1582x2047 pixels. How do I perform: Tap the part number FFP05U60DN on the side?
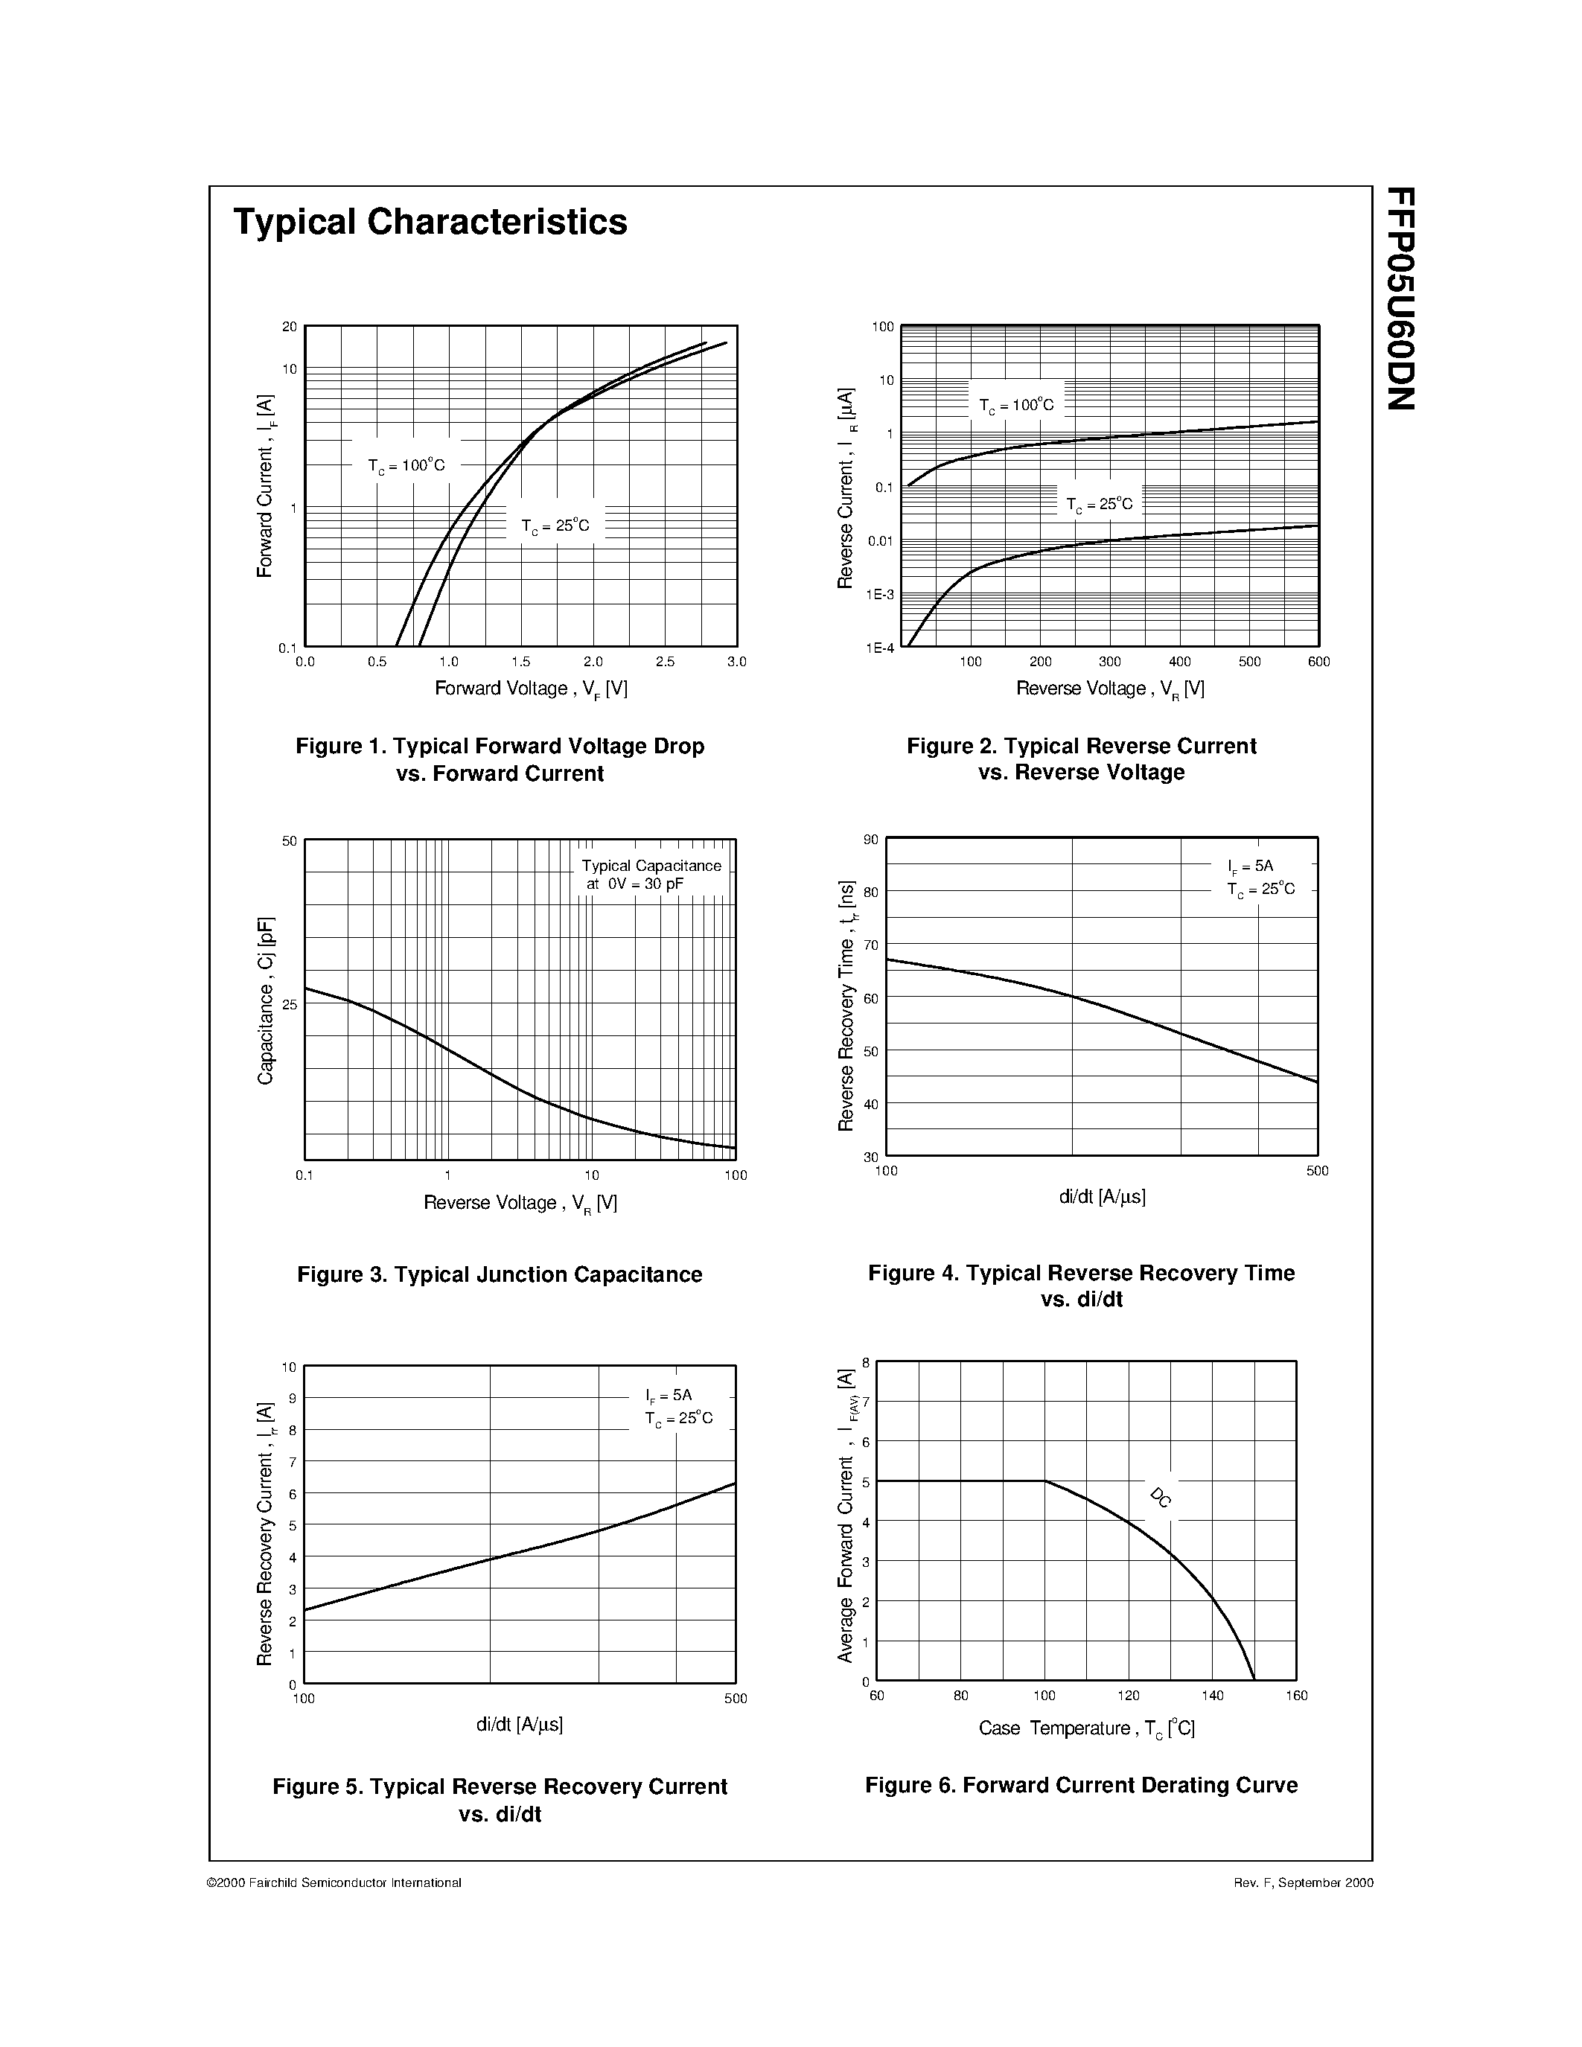click(1400, 298)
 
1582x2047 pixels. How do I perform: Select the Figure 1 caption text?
click(500, 759)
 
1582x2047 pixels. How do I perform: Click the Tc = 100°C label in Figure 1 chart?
click(406, 465)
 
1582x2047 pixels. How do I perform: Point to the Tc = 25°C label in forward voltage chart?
click(555, 526)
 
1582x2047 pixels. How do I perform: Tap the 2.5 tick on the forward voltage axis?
click(665, 662)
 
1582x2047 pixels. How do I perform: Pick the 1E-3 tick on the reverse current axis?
click(880, 594)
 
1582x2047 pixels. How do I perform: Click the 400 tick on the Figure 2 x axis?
click(1180, 662)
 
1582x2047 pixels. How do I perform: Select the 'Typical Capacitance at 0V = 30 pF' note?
click(651, 875)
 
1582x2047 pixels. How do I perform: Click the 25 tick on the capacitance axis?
click(290, 1005)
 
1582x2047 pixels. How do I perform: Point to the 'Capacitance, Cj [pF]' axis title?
click(265, 1001)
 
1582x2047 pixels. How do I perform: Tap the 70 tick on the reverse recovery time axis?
click(872, 945)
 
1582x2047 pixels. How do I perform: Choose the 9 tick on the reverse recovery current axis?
click(293, 1399)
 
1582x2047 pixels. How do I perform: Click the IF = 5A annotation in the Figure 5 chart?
click(669, 1396)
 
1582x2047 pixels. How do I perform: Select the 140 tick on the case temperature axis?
click(1213, 1696)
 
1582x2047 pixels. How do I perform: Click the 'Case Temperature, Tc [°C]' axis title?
click(1086, 1728)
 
